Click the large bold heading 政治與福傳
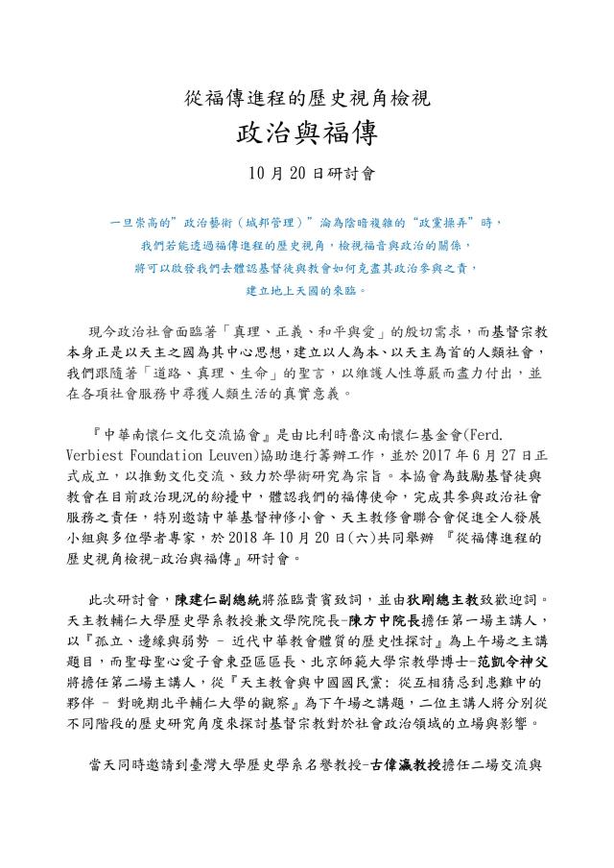tap(306, 133)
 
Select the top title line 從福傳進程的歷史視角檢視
tap(306, 97)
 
